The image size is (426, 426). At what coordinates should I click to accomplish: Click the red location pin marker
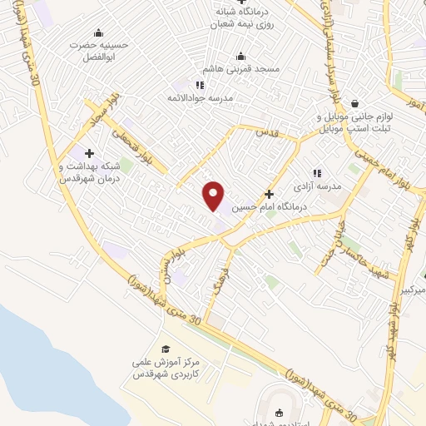coord(214,195)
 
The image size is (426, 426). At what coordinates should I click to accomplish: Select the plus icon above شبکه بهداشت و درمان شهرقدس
coord(90,152)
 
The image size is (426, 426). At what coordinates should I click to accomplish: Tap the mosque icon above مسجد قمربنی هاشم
coord(241,57)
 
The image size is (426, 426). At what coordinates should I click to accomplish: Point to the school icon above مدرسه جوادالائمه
coord(199,85)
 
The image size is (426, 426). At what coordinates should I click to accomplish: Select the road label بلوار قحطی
coord(135,144)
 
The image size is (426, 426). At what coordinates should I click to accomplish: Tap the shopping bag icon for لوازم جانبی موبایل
coord(356,104)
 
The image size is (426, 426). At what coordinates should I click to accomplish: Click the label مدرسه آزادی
coord(323,187)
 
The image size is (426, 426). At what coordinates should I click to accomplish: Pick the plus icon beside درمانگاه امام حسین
coord(269,193)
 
